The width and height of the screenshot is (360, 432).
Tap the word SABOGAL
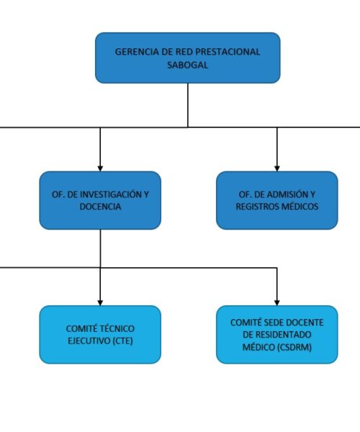(x=188, y=65)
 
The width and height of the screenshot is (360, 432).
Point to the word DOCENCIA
(x=100, y=207)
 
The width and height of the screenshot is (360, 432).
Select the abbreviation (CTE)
(x=123, y=341)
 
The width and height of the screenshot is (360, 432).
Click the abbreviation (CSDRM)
(x=294, y=347)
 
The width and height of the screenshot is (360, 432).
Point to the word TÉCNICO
(x=117, y=329)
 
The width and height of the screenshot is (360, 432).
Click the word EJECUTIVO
(x=89, y=341)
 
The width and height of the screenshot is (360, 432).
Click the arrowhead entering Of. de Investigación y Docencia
(x=100, y=168)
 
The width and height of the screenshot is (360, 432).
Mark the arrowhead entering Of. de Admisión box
(x=277, y=168)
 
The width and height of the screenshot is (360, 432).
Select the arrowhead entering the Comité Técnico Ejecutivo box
(x=100, y=303)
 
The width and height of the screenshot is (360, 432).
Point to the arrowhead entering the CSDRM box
(x=277, y=303)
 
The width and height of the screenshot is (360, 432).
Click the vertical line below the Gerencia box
(x=188, y=105)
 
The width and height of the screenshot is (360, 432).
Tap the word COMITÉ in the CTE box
(x=82, y=329)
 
